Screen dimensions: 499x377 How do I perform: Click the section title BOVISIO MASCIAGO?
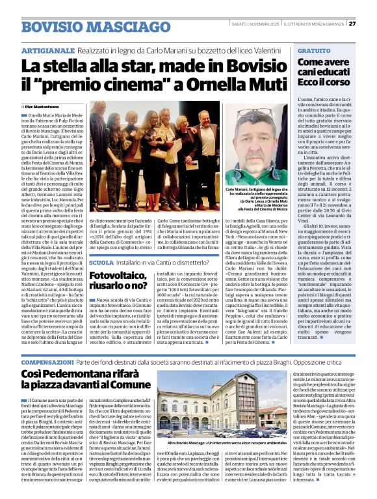87,27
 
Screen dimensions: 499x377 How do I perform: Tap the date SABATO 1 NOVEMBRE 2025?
255,25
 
